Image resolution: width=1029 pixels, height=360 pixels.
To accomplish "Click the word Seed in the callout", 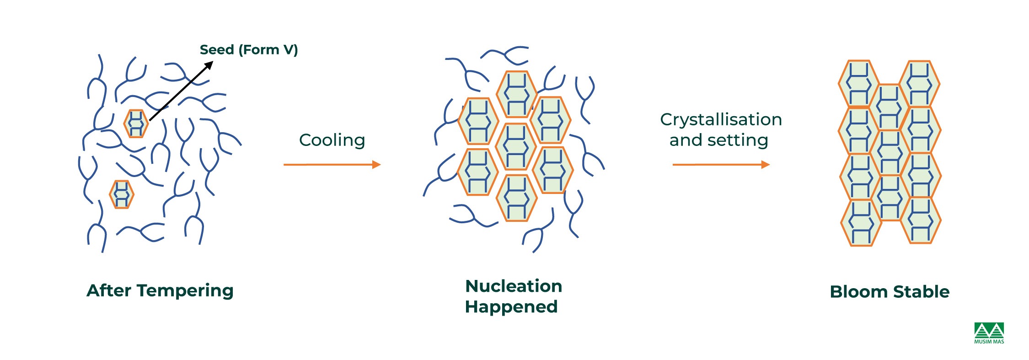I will pos(216,49).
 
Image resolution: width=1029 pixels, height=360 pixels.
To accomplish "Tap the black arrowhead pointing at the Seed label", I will pos(209,65).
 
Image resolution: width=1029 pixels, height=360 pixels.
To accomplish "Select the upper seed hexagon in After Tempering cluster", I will pos(136,124).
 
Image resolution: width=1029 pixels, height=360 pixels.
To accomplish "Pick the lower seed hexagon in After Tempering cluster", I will pos(121,194).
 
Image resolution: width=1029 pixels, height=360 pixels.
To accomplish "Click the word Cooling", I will pos(332,140).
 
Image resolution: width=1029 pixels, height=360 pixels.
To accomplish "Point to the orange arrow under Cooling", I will pos(332,165).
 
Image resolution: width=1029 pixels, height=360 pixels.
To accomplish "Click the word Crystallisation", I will pos(721,120).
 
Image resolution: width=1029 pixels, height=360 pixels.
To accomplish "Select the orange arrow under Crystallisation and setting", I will pos(721,165).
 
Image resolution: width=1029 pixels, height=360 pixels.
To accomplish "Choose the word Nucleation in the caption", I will pos(514,286).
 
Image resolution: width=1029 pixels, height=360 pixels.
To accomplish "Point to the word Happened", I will pos(511,306).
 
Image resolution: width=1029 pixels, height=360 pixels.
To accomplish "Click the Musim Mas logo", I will pos(989,333).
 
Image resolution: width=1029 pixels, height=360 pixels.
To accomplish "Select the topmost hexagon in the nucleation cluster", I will pos(517,94).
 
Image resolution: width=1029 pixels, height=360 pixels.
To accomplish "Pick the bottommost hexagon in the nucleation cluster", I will pos(517,198).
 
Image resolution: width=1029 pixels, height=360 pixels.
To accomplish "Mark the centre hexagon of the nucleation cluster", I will pos(516,146).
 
